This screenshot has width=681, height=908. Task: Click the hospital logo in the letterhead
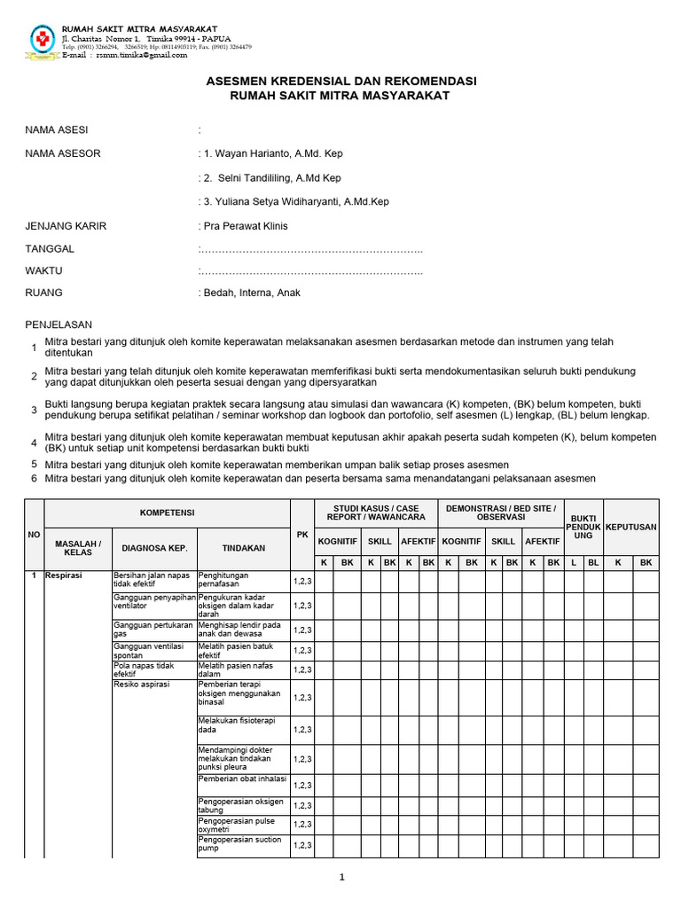tap(42, 39)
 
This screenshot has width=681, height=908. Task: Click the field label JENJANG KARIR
tap(66, 226)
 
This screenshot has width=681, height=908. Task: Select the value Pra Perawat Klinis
tap(246, 226)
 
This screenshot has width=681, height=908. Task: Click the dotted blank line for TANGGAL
tap(311, 250)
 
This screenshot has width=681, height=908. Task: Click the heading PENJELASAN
tap(59, 325)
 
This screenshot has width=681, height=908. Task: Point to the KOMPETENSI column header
tap(167, 513)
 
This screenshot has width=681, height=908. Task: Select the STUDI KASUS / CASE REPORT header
tap(376, 513)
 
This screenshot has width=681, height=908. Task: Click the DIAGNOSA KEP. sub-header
tap(153, 548)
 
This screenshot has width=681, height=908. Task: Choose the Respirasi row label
tap(63, 575)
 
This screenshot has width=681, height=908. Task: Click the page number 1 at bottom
tap(340, 878)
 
